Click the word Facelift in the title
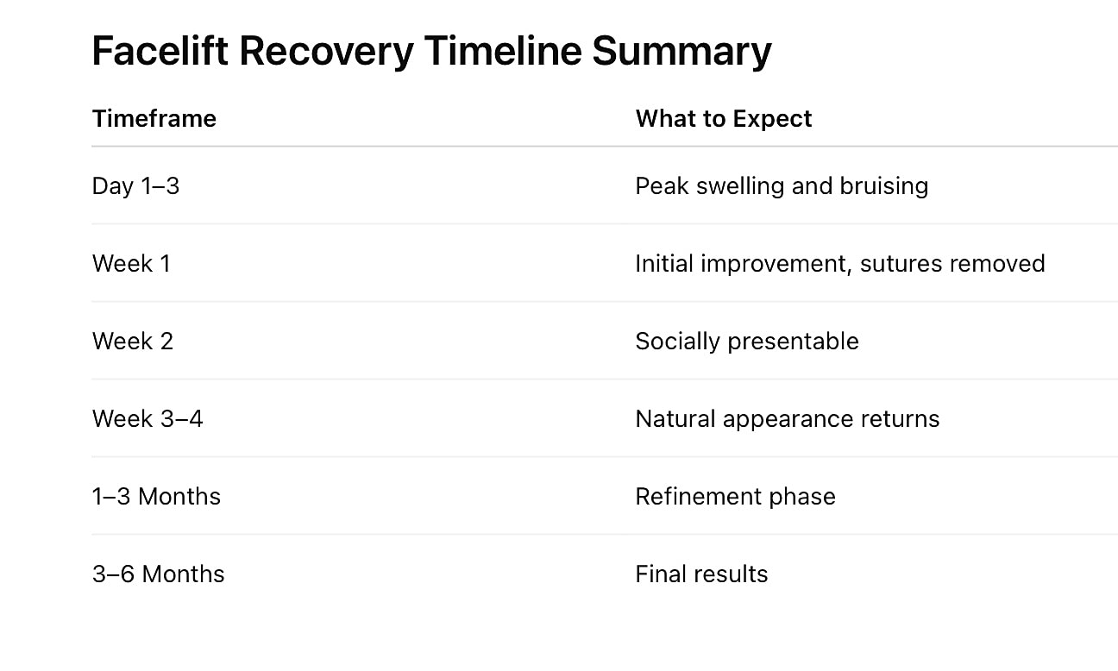pos(160,51)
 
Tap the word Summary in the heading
pos(681,51)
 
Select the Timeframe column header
pos(154,118)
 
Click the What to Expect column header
pos(724,118)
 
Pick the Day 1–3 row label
pos(135,186)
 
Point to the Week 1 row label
pos(131,264)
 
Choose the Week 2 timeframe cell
pos(133,342)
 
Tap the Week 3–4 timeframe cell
pos(148,419)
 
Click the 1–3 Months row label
pos(156,497)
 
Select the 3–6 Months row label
pos(158,574)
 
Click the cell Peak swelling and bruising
pos(782,186)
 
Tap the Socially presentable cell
pos(747,342)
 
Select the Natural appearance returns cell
pos(788,419)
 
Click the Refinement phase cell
pos(735,497)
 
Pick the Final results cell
pos(701,574)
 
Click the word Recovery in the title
pos(326,51)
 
